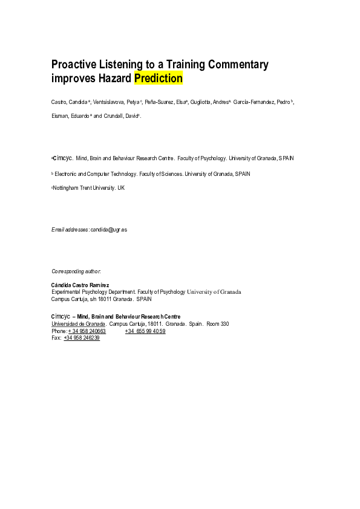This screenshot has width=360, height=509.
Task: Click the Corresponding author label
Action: [x=76, y=271]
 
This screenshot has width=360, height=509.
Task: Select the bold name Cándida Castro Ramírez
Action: [x=83, y=285]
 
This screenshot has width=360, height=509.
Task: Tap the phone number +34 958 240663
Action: [x=87, y=331]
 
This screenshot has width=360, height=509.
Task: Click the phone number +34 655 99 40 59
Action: [x=145, y=331]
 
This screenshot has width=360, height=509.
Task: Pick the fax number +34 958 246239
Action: [x=82, y=338]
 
